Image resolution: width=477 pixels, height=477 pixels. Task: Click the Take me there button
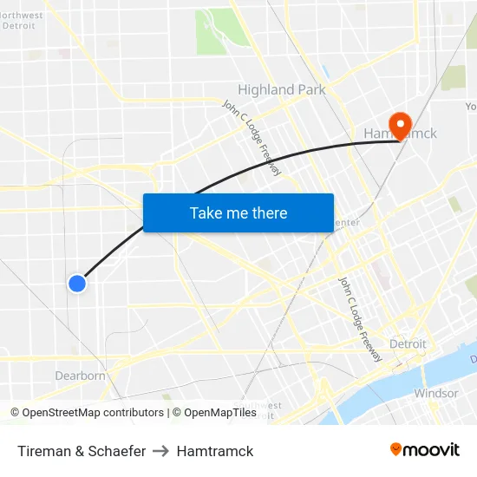coord(238,212)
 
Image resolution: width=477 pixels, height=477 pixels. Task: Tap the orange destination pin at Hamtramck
coord(401,125)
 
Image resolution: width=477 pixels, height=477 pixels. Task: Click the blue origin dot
coord(77,283)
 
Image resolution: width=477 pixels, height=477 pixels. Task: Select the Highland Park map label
coord(282,89)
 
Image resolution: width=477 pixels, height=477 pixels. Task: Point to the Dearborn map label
coord(80,376)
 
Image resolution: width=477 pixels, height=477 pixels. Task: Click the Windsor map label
coord(435,393)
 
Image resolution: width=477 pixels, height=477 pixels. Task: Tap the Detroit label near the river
coord(408,343)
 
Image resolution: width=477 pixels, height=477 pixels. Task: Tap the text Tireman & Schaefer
coord(82,451)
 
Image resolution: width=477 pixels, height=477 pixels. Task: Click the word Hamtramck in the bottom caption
coord(215,451)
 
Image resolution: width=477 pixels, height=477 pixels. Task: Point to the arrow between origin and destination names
coord(160,451)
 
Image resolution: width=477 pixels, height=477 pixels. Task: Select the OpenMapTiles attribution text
coord(214,413)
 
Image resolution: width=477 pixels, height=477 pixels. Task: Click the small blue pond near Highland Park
coord(325,70)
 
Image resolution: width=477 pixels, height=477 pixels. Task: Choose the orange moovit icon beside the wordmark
coord(396,449)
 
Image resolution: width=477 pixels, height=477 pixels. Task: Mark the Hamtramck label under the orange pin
coord(401,134)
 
